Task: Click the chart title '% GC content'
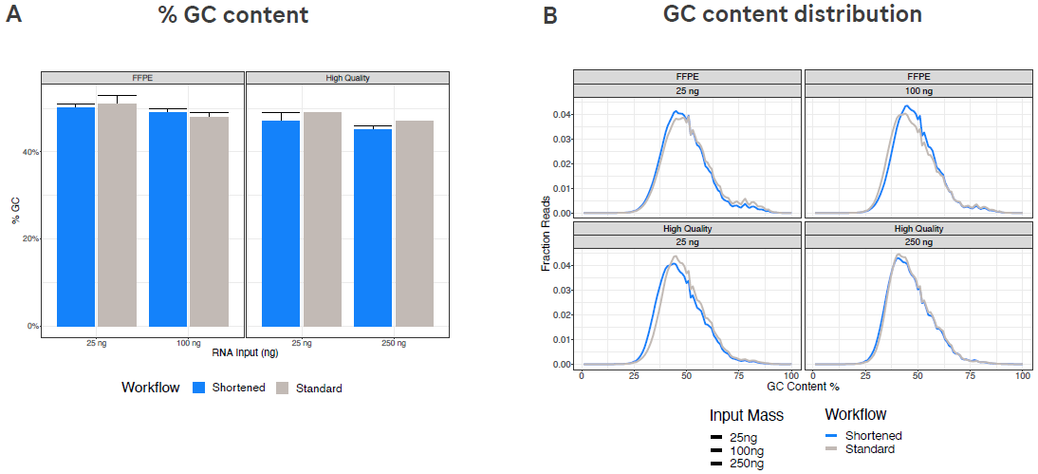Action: pyautogui.click(x=232, y=15)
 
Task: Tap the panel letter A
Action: pyautogui.click(x=14, y=15)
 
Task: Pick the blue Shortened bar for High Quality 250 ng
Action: pyautogui.click(x=373, y=228)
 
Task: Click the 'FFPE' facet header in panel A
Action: pyautogui.click(x=142, y=77)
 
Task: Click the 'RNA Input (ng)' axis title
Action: pyautogui.click(x=245, y=353)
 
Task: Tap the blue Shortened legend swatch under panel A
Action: pyautogui.click(x=199, y=388)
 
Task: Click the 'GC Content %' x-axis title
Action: pyautogui.click(x=802, y=389)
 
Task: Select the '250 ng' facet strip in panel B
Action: pyautogui.click(x=917, y=242)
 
